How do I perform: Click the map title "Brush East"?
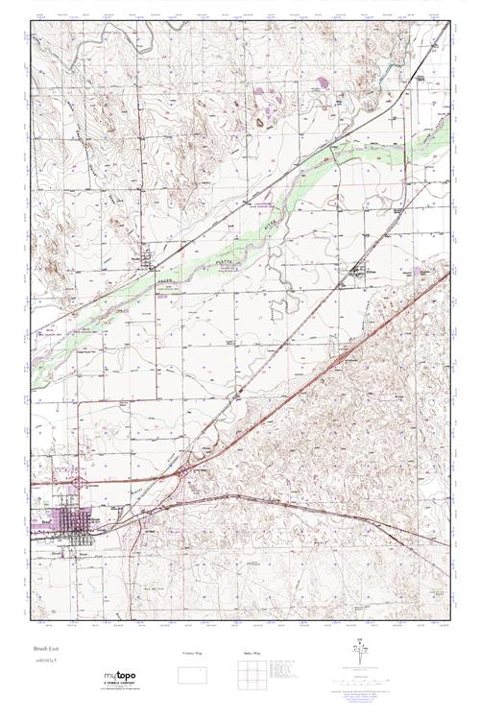(43, 650)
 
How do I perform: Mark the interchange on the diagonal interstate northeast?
(343, 357)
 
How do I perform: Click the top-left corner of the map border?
(32, 23)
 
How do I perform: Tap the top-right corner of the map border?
(448, 23)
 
